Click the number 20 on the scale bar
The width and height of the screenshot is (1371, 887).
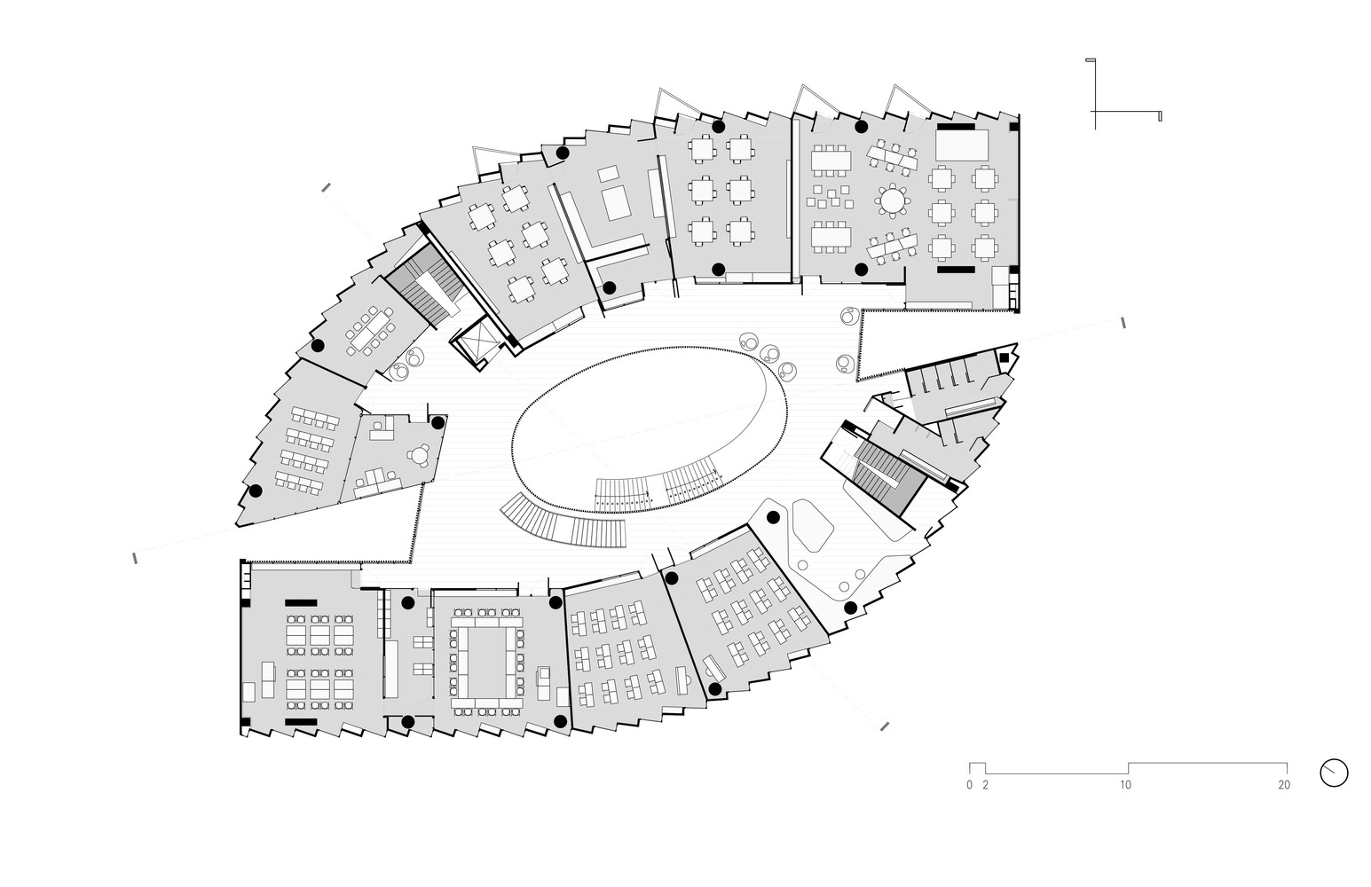[x=1283, y=785]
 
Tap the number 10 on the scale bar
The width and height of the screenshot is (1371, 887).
[x=1124, y=785]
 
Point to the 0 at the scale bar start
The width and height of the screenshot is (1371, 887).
[x=970, y=785]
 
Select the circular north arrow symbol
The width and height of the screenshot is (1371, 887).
[x=1334, y=772]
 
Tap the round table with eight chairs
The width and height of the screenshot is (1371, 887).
[x=892, y=201]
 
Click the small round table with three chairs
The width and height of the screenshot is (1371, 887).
[x=418, y=455]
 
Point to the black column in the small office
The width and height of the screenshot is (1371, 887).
[x=437, y=423]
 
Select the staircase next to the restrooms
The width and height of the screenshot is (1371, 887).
[x=880, y=472]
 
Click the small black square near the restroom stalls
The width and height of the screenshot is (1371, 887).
[x=1004, y=357]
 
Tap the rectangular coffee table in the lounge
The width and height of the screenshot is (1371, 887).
[x=616, y=204]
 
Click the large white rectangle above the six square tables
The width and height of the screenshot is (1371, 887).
[x=961, y=145]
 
